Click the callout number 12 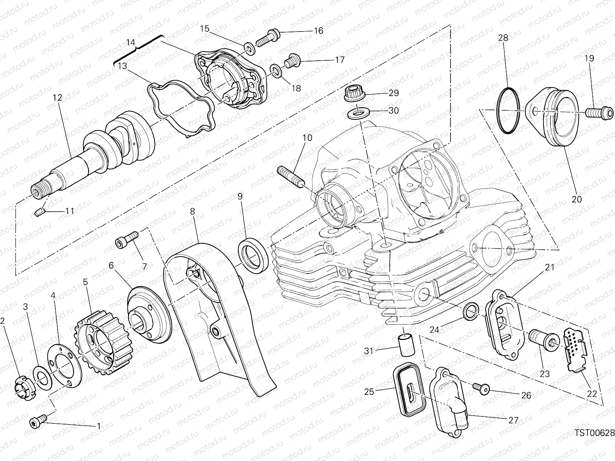click(x=57, y=98)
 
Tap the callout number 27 click(x=514, y=420)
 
